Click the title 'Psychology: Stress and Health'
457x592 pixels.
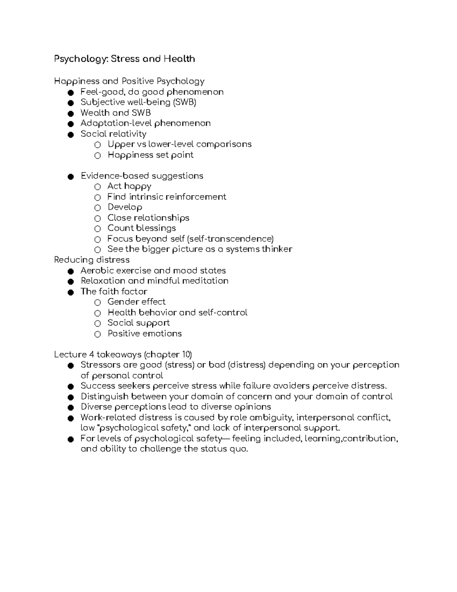[x=125, y=59]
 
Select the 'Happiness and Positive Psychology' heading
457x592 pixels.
[x=129, y=81]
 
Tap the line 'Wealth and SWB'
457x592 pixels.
[x=115, y=113]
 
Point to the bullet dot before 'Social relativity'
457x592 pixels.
[x=70, y=134]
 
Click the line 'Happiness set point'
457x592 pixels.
[x=150, y=155]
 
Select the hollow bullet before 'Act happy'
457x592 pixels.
[x=98, y=187]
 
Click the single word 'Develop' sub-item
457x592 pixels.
[x=125, y=207]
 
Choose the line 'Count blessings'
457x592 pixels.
[x=141, y=228]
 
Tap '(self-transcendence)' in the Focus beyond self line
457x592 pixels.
[x=230, y=239]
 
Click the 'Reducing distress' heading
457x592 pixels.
[x=92, y=260]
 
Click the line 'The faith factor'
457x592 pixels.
[x=113, y=291]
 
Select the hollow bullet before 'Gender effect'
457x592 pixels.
[x=98, y=302]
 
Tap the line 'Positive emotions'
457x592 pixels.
[x=144, y=333]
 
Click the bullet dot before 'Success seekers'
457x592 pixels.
[x=70, y=386]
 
